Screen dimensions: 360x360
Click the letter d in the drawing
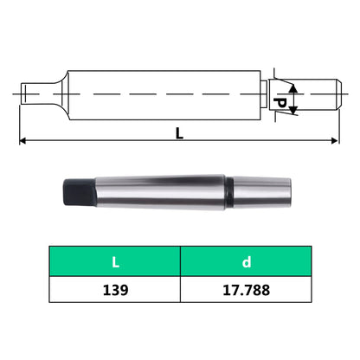tap(279, 101)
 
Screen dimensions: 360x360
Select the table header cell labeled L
tap(114, 260)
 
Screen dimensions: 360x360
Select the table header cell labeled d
tap(245, 260)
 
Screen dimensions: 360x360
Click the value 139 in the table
tap(114, 290)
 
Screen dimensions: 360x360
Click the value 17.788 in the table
tap(245, 290)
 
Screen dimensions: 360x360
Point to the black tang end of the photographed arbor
tap(74, 191)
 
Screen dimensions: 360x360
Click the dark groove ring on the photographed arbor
tap(228, 191)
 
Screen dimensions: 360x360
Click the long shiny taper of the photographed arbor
tap(156, 191)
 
